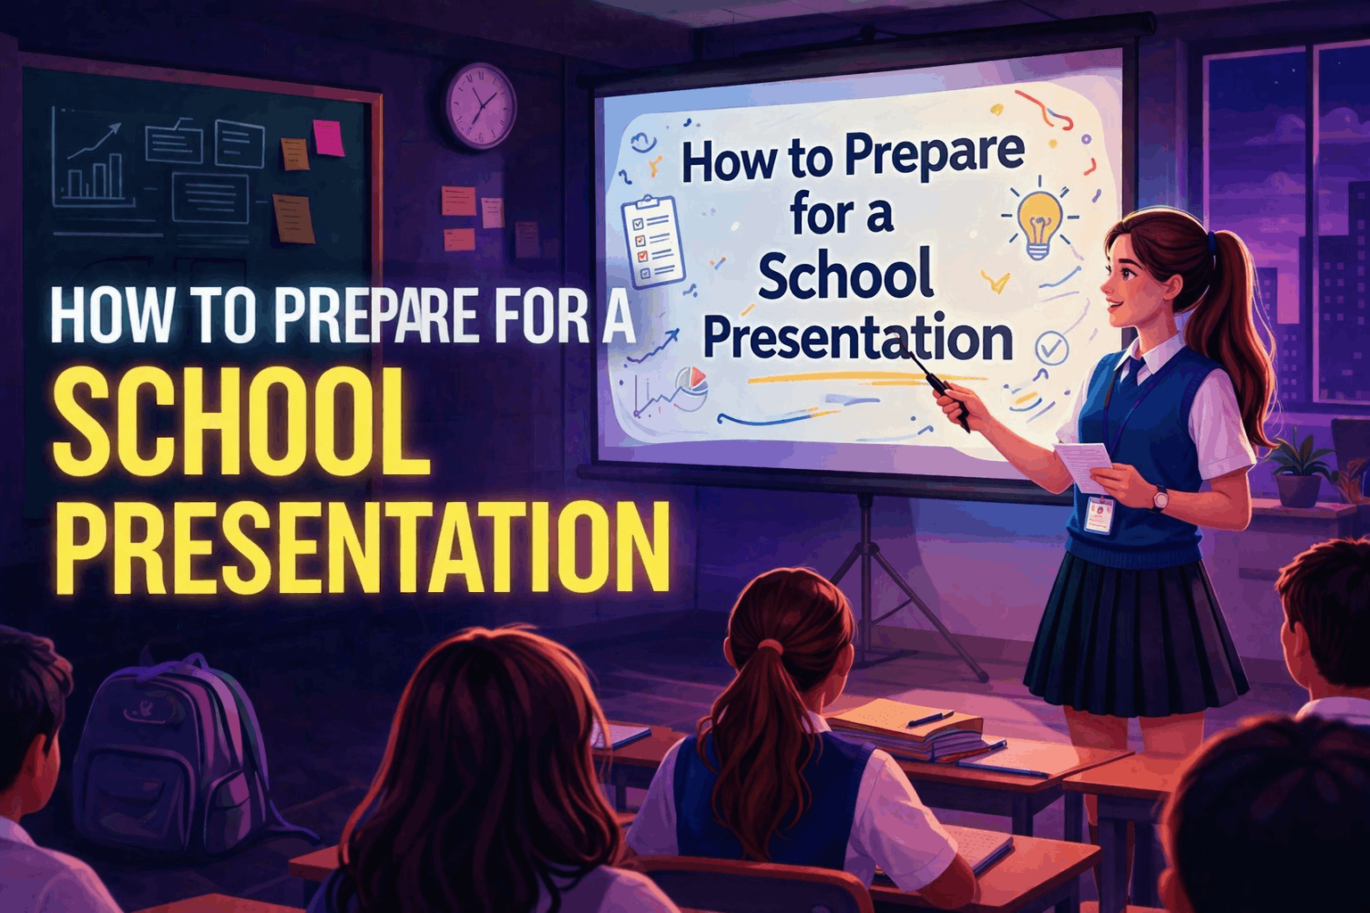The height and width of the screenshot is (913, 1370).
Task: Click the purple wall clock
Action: (x=481, y=104)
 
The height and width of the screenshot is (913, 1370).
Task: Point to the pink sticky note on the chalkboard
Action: (x=328, y=136)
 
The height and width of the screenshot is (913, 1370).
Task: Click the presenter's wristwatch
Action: (x=1159, y=499)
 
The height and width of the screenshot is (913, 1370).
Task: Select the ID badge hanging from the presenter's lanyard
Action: (x=1100, y=514)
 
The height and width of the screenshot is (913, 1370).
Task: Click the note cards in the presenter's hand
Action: (x=1085, y=463)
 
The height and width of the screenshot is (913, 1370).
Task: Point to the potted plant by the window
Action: (x=1298, y=473)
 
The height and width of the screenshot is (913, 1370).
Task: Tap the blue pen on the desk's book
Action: (x=930, y=719)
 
